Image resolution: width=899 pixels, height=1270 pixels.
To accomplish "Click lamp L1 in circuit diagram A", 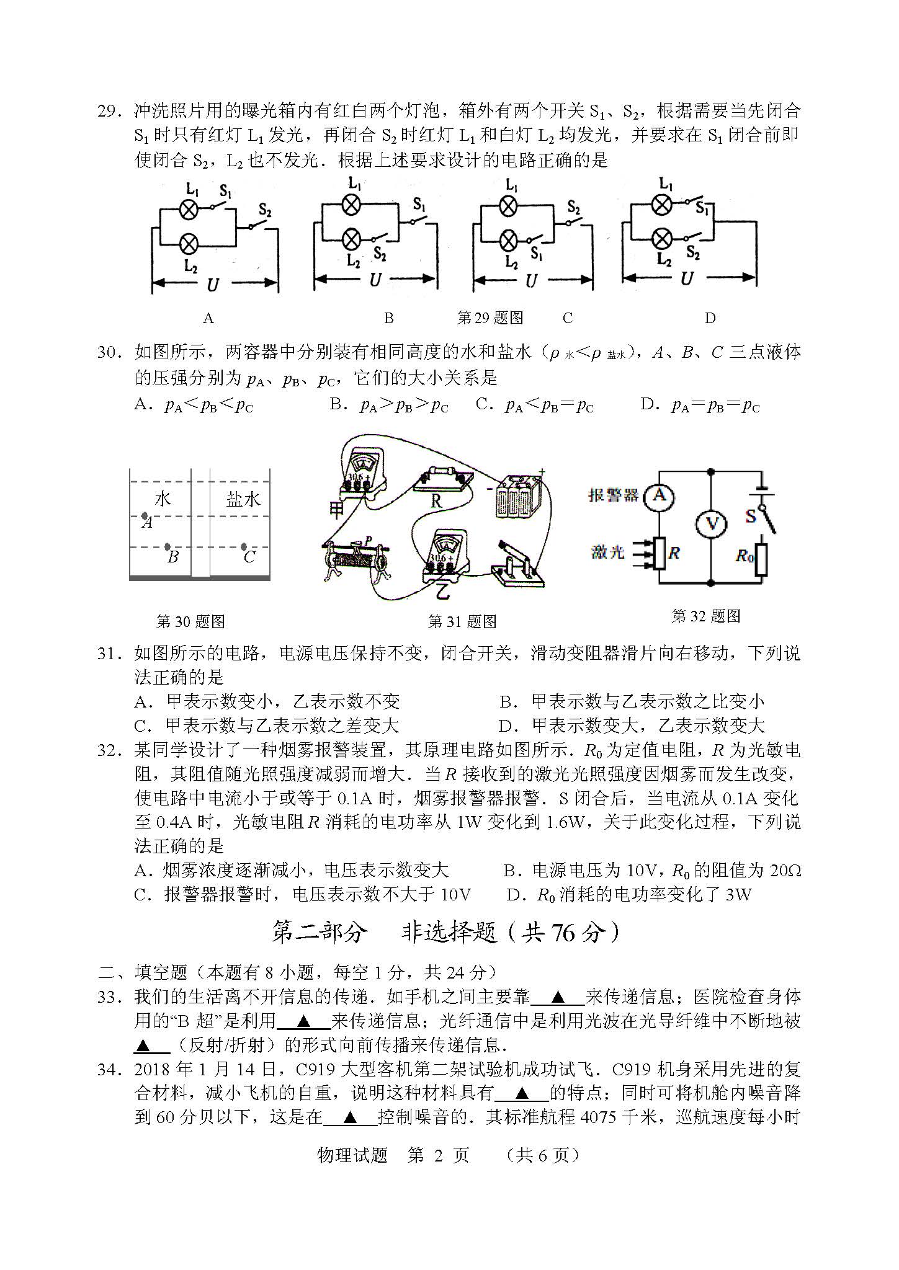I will [x=189, y=210].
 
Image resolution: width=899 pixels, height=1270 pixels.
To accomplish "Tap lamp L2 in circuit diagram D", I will [x=663, y=238].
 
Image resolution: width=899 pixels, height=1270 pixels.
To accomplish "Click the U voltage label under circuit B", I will [x=375, y=280].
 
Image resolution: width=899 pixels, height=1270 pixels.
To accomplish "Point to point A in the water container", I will [x=145, y=516].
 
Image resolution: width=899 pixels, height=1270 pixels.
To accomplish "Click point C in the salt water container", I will [x=243, y=547].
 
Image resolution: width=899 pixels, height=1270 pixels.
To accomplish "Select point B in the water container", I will [x=167, y=547].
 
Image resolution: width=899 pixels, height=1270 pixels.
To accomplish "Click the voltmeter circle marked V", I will [x=711, y=525].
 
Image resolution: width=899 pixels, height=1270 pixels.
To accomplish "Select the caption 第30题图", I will [x=190, y=621].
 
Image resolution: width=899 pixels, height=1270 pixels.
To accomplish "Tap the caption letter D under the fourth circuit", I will [x=710, y=318].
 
